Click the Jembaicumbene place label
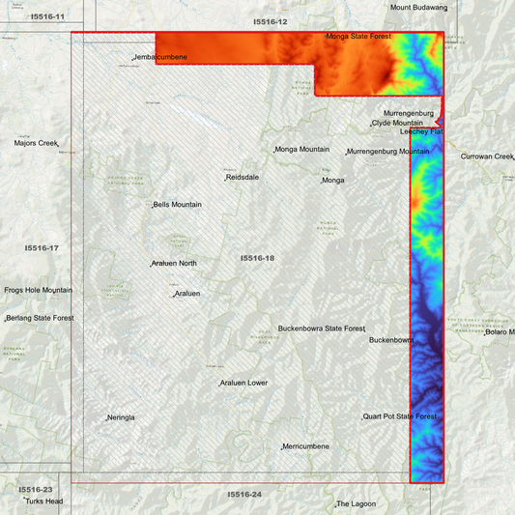160,58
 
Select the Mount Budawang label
418,8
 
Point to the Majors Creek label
36,143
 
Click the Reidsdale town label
243,178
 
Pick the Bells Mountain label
178,205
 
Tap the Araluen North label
175,264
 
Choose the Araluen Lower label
244,384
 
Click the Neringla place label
122,417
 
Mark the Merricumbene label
306,446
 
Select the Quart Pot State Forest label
400,416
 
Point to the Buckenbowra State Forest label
322,329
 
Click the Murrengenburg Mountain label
388,152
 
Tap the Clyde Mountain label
397,124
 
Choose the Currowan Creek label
487,157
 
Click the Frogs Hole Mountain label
38,290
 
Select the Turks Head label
44,501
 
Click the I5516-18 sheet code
257,258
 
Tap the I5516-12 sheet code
271,21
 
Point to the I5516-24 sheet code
244,495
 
